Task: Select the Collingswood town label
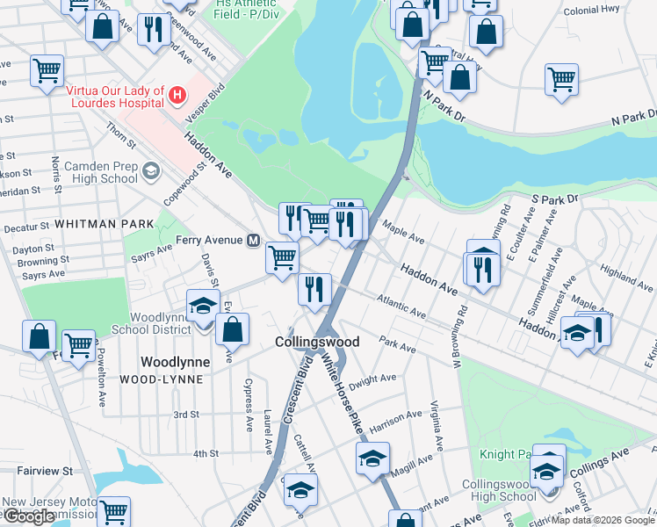click(x=317, y=342)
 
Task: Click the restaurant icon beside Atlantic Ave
click(x=314, y=287)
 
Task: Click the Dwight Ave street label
click(x=373, y=379)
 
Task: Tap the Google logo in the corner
click(x=29, y=516)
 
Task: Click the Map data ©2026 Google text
click(x=602, y=520)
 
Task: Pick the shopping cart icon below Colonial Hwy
click(x=561, y=79)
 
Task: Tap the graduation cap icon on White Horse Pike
click(x=372, y=458)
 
